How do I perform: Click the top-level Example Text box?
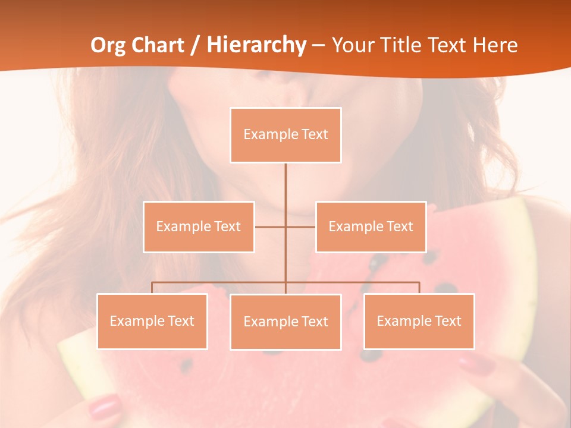coord(285,135)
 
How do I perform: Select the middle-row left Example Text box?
coord(199,226)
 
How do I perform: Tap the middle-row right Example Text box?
coord(371,226)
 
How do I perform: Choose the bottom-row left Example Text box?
coord(152,321)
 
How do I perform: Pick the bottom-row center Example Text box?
coord(285,322)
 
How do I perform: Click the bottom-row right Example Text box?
coord(419,321)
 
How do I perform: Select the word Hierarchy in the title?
coord(256,45)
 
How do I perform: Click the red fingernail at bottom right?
coord(476,364)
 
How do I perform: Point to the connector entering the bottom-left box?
coord(152,288)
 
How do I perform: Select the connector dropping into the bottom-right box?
coord(419,288)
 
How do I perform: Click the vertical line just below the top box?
coord(285,178)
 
